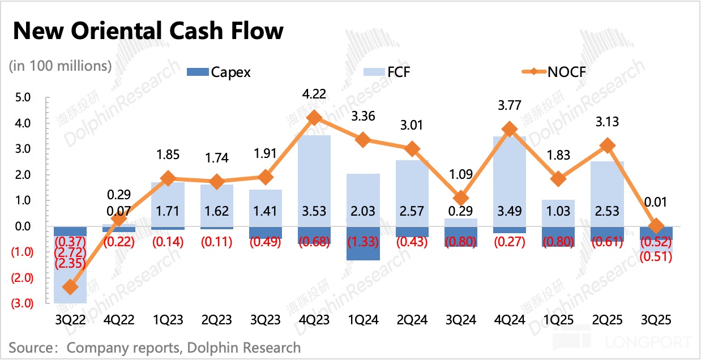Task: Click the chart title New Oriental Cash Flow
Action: tap(148, 31)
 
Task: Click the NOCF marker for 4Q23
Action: tap(314, 118)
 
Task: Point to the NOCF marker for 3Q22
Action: tap(70, 287)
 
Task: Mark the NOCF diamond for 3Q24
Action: tap(461, 198)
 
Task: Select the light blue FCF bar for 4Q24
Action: tap(510, 181)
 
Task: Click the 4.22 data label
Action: tap(314, 93)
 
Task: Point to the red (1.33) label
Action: tap(363, 242)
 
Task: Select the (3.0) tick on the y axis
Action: tap(21, 303)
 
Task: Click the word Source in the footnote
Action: tap(31, 346)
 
